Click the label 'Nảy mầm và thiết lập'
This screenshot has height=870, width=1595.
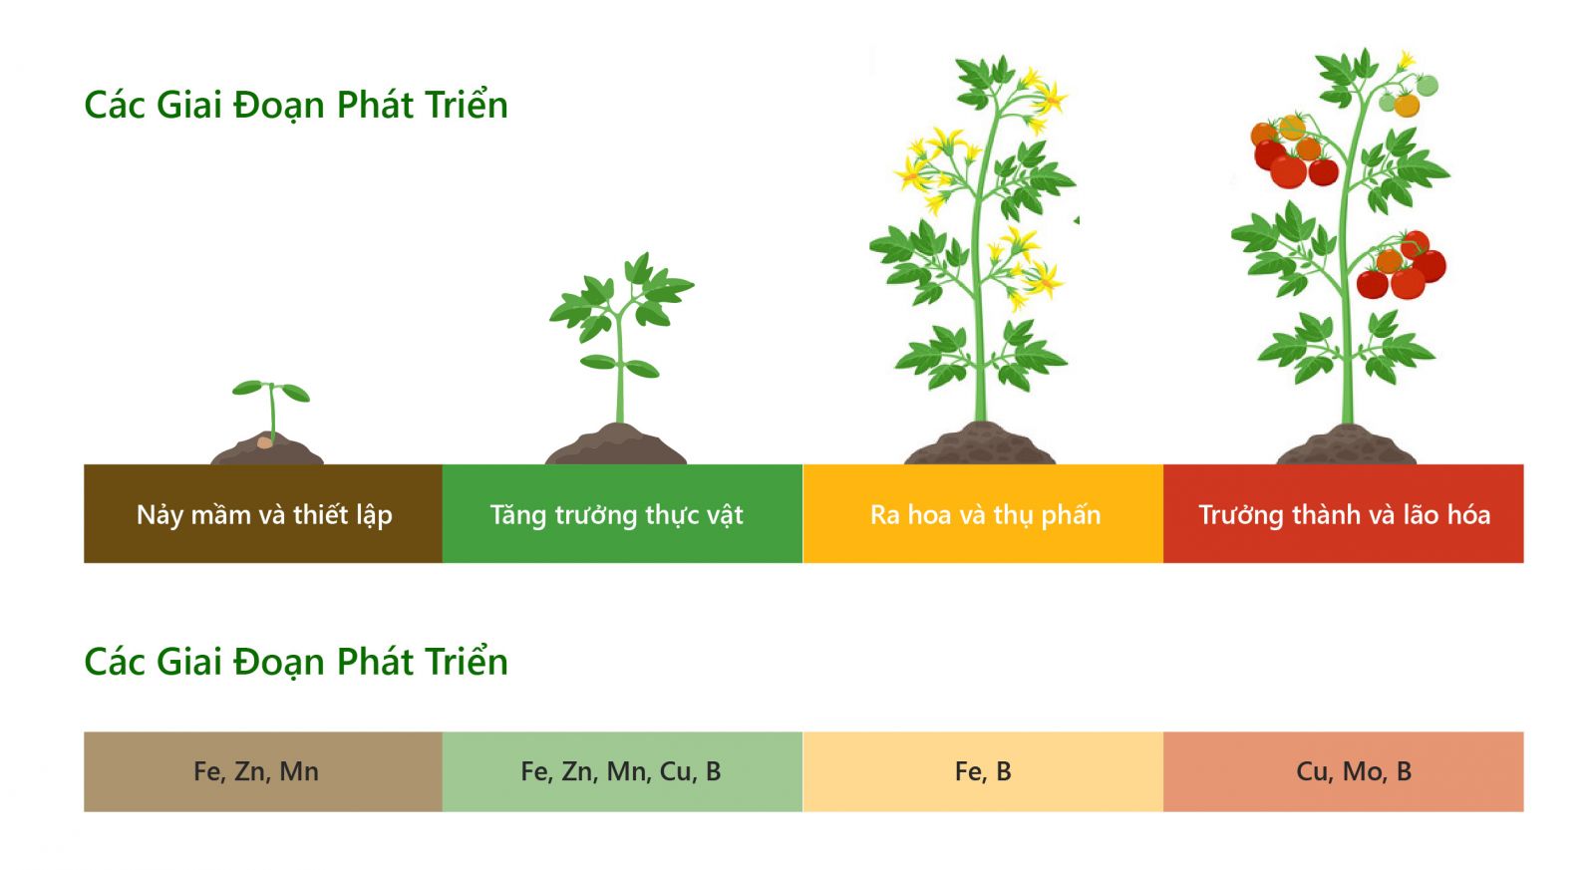tap(264, 515)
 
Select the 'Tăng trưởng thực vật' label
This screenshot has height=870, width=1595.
tap(617, 515)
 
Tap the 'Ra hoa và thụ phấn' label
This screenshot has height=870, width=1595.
tap(986, 515)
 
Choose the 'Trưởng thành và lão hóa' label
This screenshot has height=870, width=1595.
tap(1345, 515)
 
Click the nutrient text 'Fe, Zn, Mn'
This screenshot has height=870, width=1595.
tap(256, 771)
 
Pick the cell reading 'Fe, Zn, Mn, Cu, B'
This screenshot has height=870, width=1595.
tap(621, 771)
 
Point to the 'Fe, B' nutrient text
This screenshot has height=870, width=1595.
tap(983, 771)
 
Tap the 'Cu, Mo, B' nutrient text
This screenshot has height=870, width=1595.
tap(1354, 771)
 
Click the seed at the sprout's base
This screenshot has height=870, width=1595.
tap(264, 442)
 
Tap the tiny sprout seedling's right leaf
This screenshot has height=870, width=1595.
tap(295, 392)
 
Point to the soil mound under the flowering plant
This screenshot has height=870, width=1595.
tap(979, 442)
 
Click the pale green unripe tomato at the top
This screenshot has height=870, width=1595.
tap(1427, 86)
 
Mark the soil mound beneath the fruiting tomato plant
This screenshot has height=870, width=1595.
tap(1346, 444)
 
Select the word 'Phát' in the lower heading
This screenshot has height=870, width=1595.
tap(375, 662)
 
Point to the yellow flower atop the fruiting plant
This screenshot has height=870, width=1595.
tap(1406, 60)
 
